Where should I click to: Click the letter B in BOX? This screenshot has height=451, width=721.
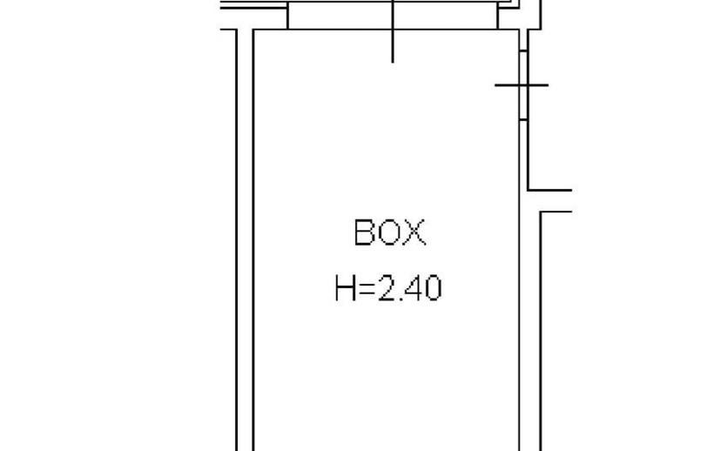pyautogui.click(x=364, y=232)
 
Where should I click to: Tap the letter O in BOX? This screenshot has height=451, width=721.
pyautogui.click(x=389, y=232)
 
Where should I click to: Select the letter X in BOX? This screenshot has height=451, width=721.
pyautogui.click(x=414, y=232)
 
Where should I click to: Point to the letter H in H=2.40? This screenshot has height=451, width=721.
pyautogui.click(x=346, y=288)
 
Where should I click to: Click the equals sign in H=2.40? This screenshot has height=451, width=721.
pyautogui.click(x=367, y=289)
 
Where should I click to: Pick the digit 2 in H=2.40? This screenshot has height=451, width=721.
pyautogui.click(x=387, y=288)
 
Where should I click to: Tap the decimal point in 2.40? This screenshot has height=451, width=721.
pyautogui.click(x=401, y=299)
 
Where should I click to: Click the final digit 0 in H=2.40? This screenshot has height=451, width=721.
pyautogui.click(x=433, y=288)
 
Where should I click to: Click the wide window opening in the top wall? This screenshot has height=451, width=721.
pyautogui.click(x=393, y=15)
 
